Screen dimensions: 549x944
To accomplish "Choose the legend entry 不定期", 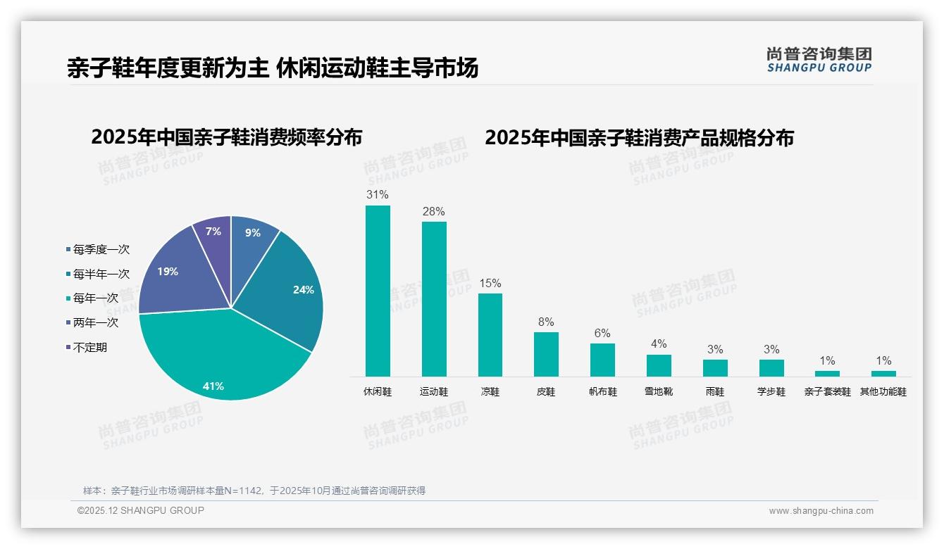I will [x=89, y=348].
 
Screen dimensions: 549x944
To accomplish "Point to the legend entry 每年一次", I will [x=95, y=298].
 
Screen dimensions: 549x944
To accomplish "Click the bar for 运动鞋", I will [x=434, y=299].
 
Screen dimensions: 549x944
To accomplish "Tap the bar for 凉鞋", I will [x=490, y=334].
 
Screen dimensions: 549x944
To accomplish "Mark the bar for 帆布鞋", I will [x=602, y=360].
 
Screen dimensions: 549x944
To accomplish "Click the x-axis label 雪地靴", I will [x=659, y=392].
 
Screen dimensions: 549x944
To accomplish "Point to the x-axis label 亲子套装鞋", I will [x=827, y=392].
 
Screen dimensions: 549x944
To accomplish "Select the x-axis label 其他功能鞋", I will [x=883, y=392].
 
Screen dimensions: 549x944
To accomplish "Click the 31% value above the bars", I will [x=378, y=194].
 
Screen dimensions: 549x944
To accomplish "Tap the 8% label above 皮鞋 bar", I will [x=546, y=322].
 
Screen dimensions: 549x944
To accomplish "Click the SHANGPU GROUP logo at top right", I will [x=819, y=60].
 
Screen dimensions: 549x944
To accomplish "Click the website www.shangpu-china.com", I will [x=821, y=511].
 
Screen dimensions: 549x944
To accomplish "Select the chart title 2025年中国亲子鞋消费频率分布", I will [x=226, y=137].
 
